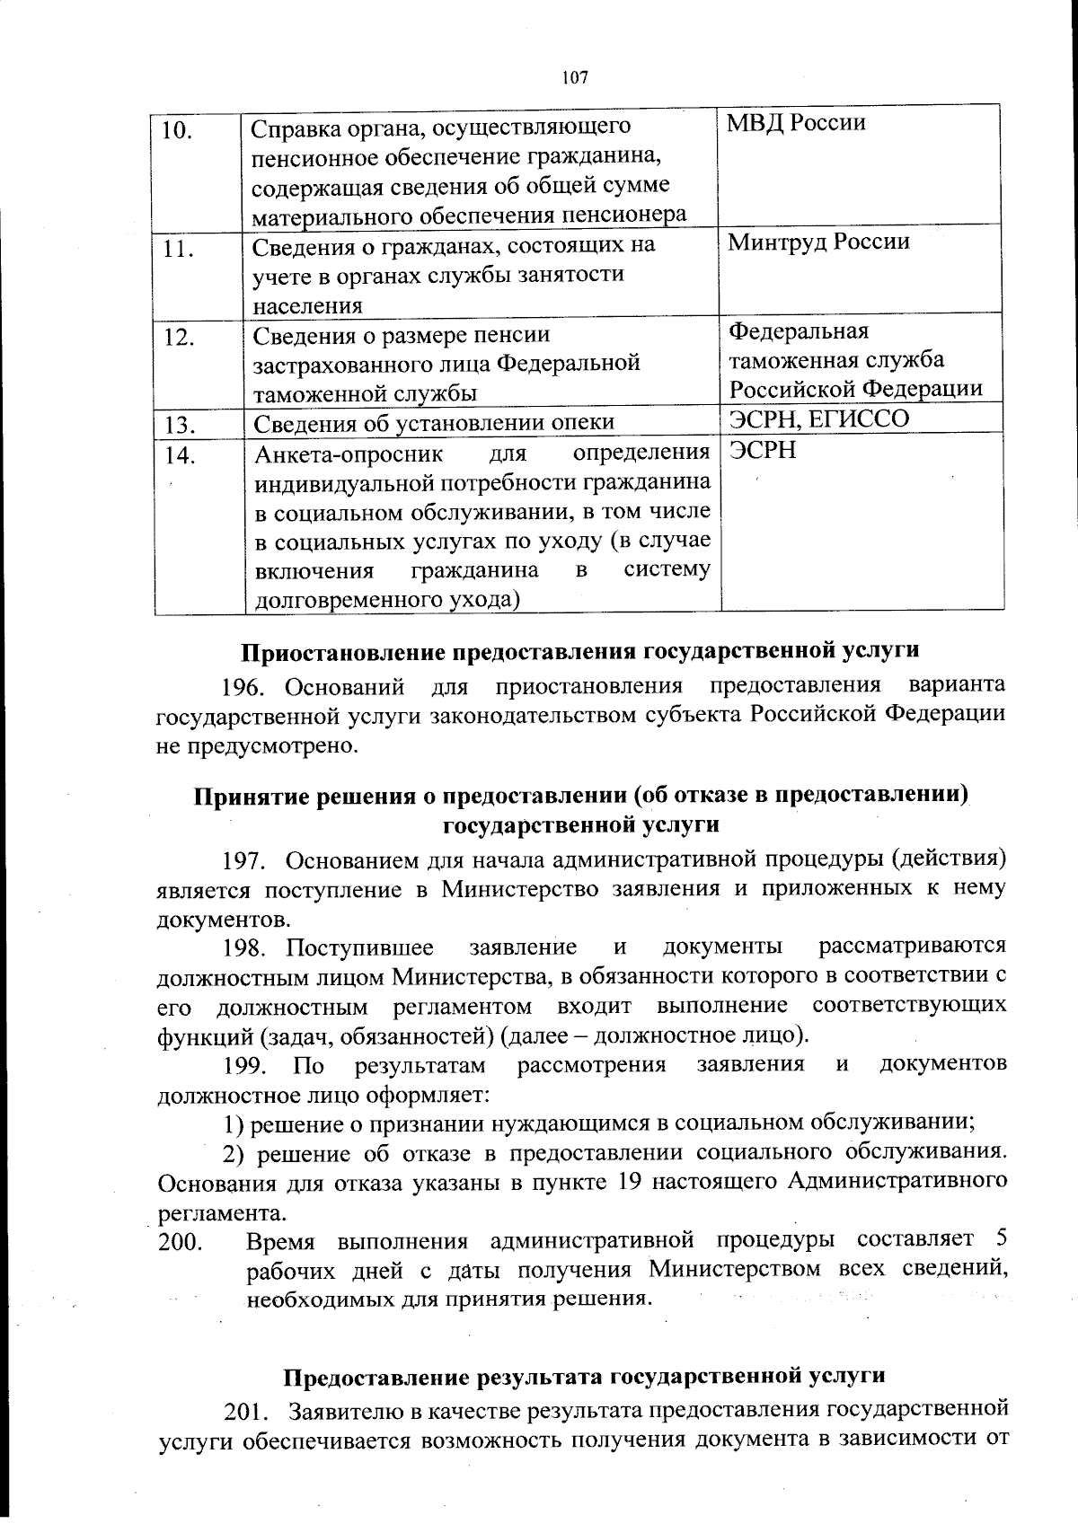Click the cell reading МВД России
(x=797, y=123)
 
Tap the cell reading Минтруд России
(x=818, y=242)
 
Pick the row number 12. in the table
(x=179, y=338)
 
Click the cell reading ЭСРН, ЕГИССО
(x=818, y=418)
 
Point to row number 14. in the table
(x=179, y=456)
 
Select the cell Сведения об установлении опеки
(x=434, y=423)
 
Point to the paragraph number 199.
(x=242, y=1066)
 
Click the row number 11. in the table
(x=178, y=250)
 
